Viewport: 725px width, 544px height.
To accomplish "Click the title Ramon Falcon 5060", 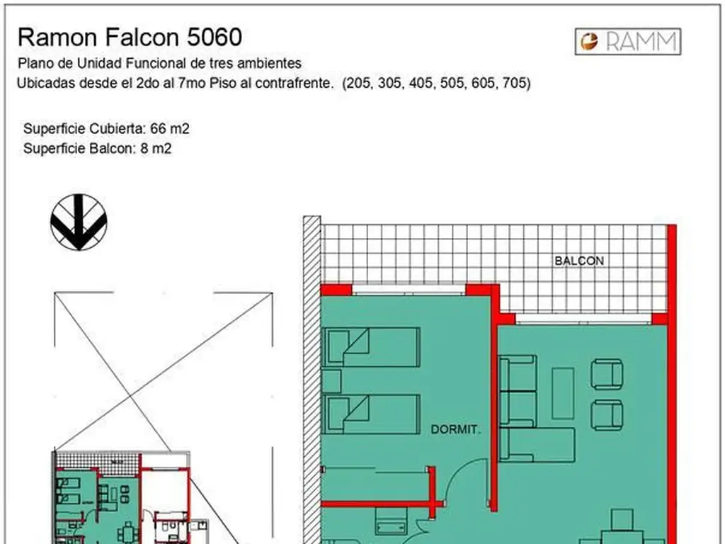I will [130, 37].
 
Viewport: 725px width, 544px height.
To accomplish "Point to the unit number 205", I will [358, 84].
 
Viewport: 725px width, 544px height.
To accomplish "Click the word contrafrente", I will [296, 84].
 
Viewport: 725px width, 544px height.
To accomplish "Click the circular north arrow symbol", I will [79, 222].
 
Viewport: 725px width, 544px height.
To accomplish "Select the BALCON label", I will [579, 261].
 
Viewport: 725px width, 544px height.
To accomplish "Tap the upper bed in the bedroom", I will [372, 346].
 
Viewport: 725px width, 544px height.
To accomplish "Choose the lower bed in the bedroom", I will [372, 414].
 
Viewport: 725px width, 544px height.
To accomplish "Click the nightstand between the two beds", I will [331, 381].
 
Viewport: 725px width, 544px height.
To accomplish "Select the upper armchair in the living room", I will [607, 373].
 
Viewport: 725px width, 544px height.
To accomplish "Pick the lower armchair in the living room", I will [607, 414].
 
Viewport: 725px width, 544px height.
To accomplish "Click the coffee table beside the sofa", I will [563, 393].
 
